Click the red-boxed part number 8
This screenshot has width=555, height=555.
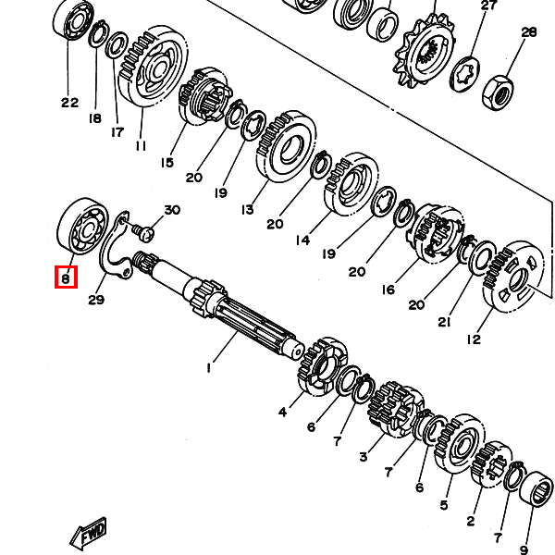66,278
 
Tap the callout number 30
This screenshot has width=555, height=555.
172,210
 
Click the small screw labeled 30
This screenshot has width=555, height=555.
142,231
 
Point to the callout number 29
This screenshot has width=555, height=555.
96,300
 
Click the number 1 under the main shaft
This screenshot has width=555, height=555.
209,368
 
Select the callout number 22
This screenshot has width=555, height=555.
69,103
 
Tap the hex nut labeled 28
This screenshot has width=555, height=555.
498,92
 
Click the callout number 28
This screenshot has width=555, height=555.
529,32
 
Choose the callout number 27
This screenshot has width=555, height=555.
488,6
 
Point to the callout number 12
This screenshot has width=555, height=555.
474,339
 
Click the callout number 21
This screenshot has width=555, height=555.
444,322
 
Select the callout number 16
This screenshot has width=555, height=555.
388,290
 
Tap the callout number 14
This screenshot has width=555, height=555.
303,240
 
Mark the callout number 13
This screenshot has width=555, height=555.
248,210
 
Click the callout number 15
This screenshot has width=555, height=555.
167,163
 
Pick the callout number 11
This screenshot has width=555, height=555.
141,146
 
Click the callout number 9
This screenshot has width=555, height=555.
524,549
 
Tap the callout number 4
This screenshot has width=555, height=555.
282,412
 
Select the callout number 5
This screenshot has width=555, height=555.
444,505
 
